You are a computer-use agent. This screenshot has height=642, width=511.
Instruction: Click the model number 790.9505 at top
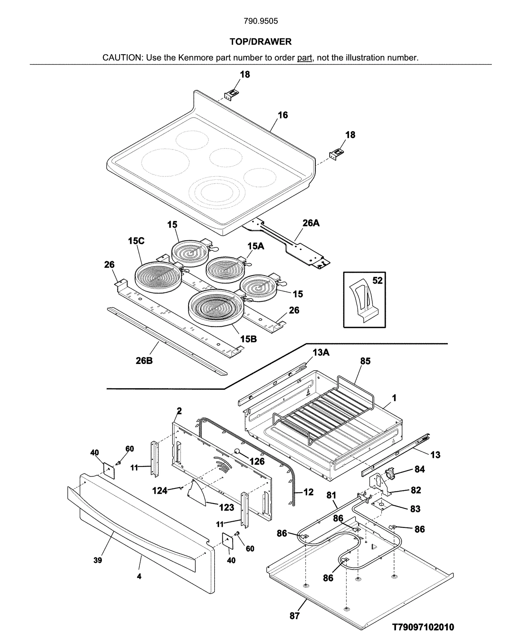click(x=261, y=21)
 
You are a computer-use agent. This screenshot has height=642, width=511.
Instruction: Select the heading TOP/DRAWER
click(x=261, y=42)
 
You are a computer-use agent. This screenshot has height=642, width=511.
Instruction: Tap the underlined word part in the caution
click(x=304, y=58)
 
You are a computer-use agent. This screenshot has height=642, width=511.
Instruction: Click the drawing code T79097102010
click(x=423, y=627)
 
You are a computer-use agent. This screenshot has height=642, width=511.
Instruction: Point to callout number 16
click(x=283, y=115)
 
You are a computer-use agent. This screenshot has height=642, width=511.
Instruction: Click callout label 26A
click(x=311, y=223)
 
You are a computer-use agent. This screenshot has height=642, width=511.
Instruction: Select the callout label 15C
click(x=136, y=241)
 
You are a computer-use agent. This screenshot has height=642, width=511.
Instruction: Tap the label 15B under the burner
click(x=248, y=339)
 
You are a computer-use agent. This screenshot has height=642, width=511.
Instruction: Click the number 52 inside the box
click(x=377, y=280)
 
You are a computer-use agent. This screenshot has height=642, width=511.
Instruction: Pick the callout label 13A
click(x=321, y=352)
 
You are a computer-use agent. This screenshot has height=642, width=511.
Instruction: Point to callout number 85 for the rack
click(x=365, y=361)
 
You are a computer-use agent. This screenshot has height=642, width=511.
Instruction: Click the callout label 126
click(x=257, y=461)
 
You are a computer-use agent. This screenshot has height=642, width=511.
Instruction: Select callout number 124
click(x=160, y=490)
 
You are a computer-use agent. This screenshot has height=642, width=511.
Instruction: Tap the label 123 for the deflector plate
click(x=226, y=507)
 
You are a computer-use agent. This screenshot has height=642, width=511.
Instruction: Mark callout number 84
click(x=420, y=469)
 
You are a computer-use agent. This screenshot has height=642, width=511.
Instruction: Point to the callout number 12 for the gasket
click(x=308, y=492)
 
